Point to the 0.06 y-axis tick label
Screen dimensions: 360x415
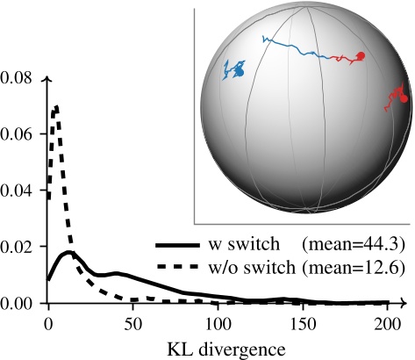coord(18,133)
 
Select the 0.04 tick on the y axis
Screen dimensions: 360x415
coord(18,190)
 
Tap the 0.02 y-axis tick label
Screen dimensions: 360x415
coord(18,246)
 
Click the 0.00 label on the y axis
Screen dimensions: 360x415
coord(18,302)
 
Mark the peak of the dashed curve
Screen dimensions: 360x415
coord(56,107)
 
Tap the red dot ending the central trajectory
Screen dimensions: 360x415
coord(360,56)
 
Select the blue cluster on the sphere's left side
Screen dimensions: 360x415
coord(234,70)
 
